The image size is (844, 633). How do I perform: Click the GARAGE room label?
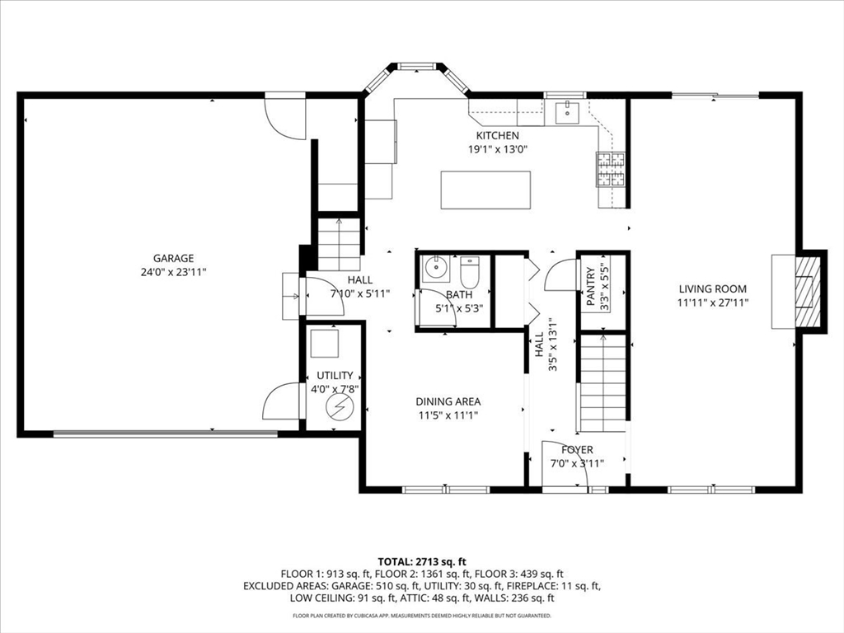click(x=173, y=258)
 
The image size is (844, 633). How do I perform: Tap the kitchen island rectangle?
click(x=485, y=190)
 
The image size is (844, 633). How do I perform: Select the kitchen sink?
click(x=567, y=112)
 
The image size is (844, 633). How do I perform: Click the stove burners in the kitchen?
click(x=611, y=169)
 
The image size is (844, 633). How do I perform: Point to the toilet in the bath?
click(x=469, y=272)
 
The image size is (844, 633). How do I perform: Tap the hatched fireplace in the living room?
click(x=809, y=291)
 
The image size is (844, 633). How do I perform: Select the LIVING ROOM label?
click(x=713, y=289)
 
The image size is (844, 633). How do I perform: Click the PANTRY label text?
click(x=591, y=286)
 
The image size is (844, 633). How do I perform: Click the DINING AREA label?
click(x=448, y=401)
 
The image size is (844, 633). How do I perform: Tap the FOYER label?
click(x=577, y=450)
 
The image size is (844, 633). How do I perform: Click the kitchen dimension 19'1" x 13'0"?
click(x=497, y=149)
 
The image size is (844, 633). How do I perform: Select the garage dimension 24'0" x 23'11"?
click(x=173, y=272)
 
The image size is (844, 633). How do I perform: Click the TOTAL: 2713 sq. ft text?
click(x=421, y=562)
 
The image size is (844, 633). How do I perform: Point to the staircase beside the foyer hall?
click(x=603, y=382)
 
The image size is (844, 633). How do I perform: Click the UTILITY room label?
click(x=335, y=375)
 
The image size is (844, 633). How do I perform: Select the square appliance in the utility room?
click(x=325, y=344)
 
